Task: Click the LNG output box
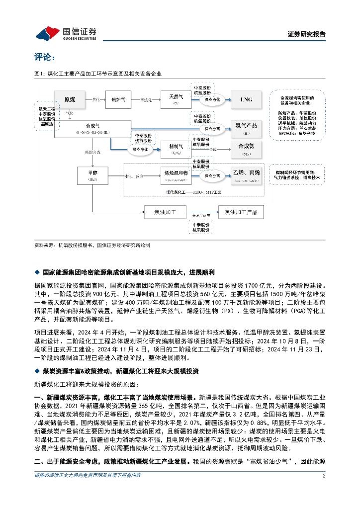[x=247, y=99]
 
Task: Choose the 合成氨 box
[x=247, y=148]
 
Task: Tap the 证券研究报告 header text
[x=306, y=34]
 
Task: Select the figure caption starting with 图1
[x=98, y=74]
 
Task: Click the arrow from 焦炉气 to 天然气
[x=145, y=100]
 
